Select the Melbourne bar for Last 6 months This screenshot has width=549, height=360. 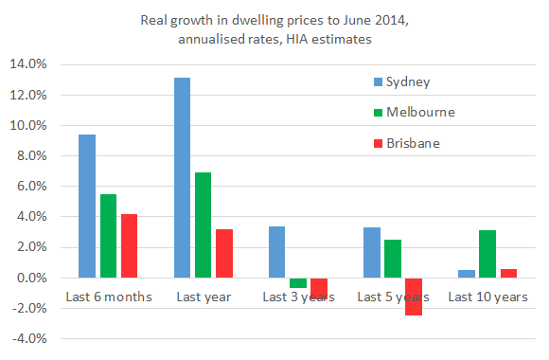point(108,236)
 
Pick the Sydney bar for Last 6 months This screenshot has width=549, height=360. point(86,207)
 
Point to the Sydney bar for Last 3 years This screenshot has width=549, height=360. point(276,252)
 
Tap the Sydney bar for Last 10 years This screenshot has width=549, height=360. point(466,274)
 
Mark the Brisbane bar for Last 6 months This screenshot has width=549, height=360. point(130,245)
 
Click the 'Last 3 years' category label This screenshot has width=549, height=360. point(297,297)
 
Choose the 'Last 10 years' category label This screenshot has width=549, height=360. point(487,297)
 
